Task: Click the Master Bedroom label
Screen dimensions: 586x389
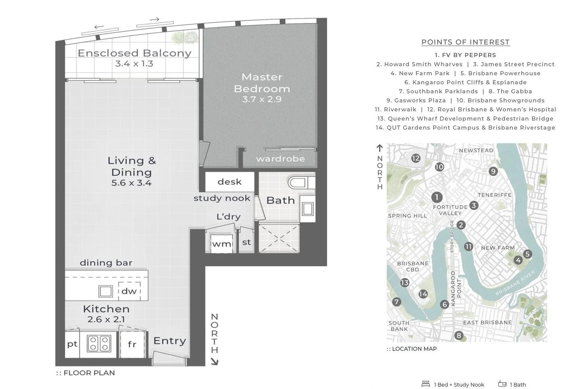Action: (x=262, y=83)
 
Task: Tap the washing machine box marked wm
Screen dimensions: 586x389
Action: (x=221, y=243)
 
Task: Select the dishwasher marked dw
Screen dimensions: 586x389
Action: (x=129, y=291)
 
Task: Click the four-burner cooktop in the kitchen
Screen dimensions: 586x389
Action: (x=99, y=343)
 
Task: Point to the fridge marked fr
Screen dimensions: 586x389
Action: (x=132, y=344)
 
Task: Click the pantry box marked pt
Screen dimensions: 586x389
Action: (x=72, y=344)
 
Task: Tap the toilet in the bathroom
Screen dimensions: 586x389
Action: (x=301, y=183)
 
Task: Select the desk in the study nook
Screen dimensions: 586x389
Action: (x=230, y=182)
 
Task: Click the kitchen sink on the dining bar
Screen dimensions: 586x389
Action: (x=106, y=291)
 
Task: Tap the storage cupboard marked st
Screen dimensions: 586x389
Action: (x=246, y=242)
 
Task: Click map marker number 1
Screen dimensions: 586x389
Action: (x=436, y=197)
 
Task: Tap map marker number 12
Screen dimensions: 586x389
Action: (x=416, y=158)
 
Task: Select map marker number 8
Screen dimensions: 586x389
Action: (x=459, y=336)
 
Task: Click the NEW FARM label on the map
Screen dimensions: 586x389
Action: (x=498, y=248)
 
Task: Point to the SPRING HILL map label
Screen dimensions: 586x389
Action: (x=407, y=216)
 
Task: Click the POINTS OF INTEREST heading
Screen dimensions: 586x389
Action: (x=466, y=42)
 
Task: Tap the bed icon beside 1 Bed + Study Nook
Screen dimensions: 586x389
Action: (x=426, y=384)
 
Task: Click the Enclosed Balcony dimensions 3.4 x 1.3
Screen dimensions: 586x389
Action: (x=134, y=64)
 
